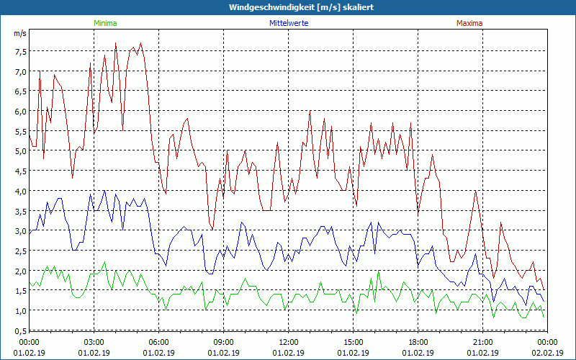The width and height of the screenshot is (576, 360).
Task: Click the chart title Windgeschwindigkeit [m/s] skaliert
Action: coord(292,7)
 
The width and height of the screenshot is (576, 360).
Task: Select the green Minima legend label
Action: coord(105,23)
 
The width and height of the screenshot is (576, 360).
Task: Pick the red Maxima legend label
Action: coord(469,23)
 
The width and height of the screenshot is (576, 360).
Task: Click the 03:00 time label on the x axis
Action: coord(94,342)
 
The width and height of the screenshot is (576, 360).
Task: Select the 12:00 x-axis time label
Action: coord(288,342)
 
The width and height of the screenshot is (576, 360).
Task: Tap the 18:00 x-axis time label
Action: coord(418,342)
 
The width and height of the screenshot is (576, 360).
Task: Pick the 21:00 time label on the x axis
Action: coord(482,342)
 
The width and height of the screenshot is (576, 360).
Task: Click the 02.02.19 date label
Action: coord(547,353)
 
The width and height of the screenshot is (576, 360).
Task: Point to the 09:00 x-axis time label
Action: coord(223,342)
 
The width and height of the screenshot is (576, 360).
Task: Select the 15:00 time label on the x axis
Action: coord(353,342)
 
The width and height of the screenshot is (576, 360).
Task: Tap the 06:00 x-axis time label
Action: coord(158,342)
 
